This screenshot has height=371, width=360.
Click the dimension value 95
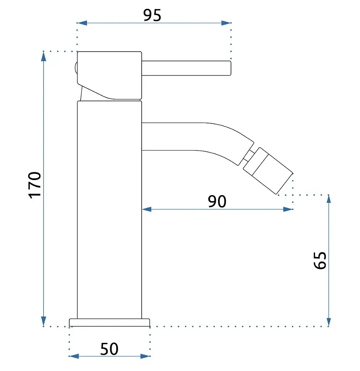point(152,15)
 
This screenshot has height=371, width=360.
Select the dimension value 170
point(34,185)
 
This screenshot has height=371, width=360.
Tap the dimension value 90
point(217,201)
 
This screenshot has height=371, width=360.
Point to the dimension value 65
point(320,260)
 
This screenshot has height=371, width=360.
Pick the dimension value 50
point(109,349)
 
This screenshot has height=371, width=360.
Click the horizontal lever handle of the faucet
point(186,68)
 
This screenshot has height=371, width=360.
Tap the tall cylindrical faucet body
point(109,210)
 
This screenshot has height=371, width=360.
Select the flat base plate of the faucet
point(109,322)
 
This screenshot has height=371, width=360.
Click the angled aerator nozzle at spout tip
point(268,171)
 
